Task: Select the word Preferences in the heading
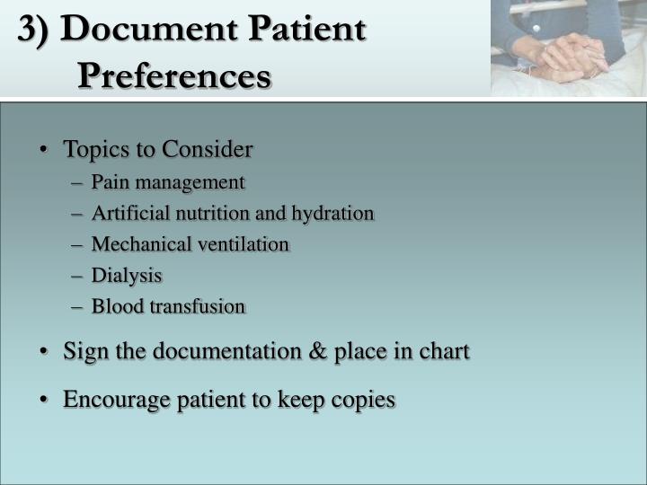(x=173, y=75)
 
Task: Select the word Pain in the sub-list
(x=108, y=182)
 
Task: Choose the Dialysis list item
(x=127, y=276)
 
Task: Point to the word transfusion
(x=198, y=306)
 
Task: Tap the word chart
(x=444, y=351)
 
